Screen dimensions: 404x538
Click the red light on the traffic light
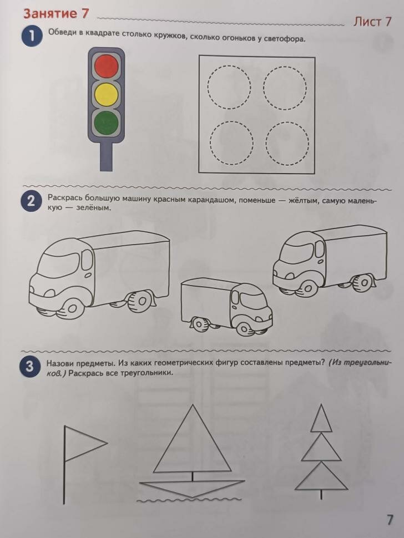point(107,67)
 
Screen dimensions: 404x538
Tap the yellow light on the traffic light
point(107,94)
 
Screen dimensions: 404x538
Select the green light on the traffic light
point(107,121)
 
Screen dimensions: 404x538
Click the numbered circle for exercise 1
point(32,38)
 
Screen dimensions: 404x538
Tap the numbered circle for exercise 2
point(32,202)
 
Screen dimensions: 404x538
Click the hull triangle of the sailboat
point(191,488)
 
